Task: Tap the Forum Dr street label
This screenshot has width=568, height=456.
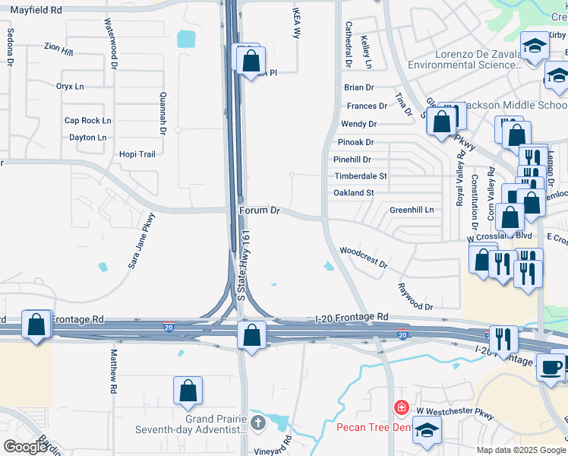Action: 260,210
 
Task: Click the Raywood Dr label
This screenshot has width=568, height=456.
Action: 415,296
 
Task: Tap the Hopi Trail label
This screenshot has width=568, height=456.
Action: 137,154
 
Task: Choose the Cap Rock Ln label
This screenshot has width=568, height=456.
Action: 87,121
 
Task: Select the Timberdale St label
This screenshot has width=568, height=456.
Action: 361,176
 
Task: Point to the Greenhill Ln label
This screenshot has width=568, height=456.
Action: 412,210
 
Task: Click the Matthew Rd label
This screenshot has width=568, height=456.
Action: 113,370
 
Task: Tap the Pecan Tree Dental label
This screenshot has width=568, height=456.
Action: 374,427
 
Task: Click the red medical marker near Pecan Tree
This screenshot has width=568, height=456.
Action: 400,408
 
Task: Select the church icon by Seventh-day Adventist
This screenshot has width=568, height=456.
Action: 258,423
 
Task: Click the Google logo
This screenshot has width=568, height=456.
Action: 25,447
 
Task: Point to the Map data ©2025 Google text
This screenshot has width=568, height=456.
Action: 520,450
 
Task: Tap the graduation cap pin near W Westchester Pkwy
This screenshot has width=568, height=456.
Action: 428,430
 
